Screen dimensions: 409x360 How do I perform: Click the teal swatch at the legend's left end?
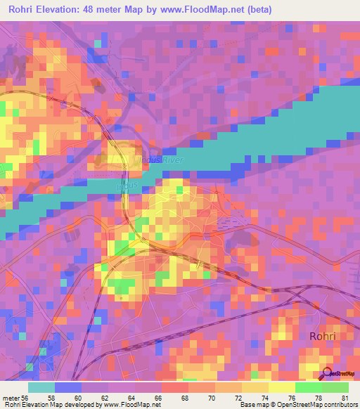click(x=41, y=387)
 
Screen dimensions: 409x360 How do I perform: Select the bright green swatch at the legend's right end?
click(x=335, y=387)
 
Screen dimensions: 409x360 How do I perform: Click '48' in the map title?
click(x=105, y=11)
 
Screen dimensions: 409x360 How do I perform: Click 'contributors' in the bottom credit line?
click(x=340, y=405)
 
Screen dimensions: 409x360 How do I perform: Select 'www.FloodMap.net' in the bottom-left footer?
click(x=131, y=405)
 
